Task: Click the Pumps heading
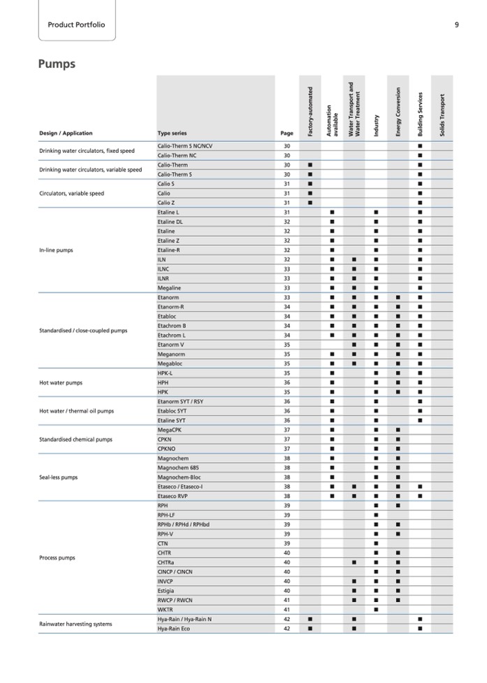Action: (x=57, y=64)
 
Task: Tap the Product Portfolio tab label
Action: (x=76, y=25)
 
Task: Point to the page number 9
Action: (x=456, y=25)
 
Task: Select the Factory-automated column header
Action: (x=310, y=110)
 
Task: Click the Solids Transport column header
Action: (x=442, y=114)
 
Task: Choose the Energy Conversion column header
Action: (x=398, y=112)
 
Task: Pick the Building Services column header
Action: (x=420, y=114)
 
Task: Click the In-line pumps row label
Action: (x=56, y=250)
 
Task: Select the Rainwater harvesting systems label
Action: (x=75, y=624)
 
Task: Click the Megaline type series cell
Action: (x=169, y=288)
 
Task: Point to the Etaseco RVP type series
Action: (x=173, y=496)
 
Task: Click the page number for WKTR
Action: (x=286, y=610)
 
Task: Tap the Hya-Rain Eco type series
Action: (x=175, y=629)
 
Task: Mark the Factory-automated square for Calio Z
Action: (x=310, y=203)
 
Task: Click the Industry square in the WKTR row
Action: (x=376, y=610)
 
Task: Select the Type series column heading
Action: (x=172, y=133)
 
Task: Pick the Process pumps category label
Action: (x=57, y=558)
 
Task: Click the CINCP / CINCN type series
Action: (x=175, y=572)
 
